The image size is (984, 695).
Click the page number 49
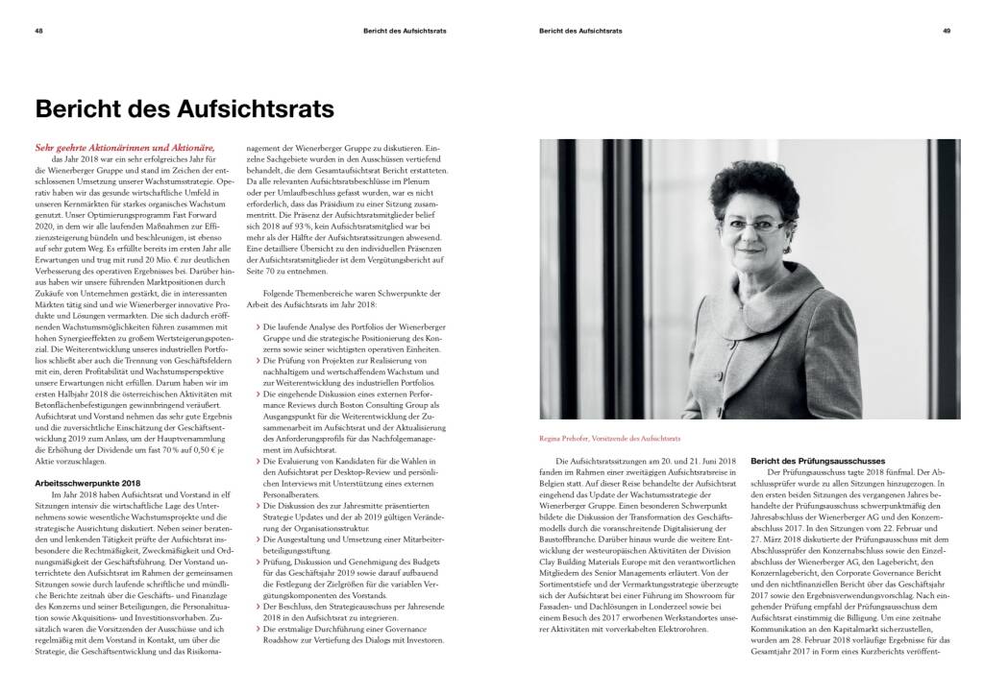[947, 32]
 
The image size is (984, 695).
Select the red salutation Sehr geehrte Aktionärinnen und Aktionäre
[125, 148]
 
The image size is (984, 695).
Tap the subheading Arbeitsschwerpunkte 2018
[87, 482]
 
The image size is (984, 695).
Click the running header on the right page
[581, 32]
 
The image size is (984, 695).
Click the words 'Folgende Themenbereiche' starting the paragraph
[292, 292]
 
